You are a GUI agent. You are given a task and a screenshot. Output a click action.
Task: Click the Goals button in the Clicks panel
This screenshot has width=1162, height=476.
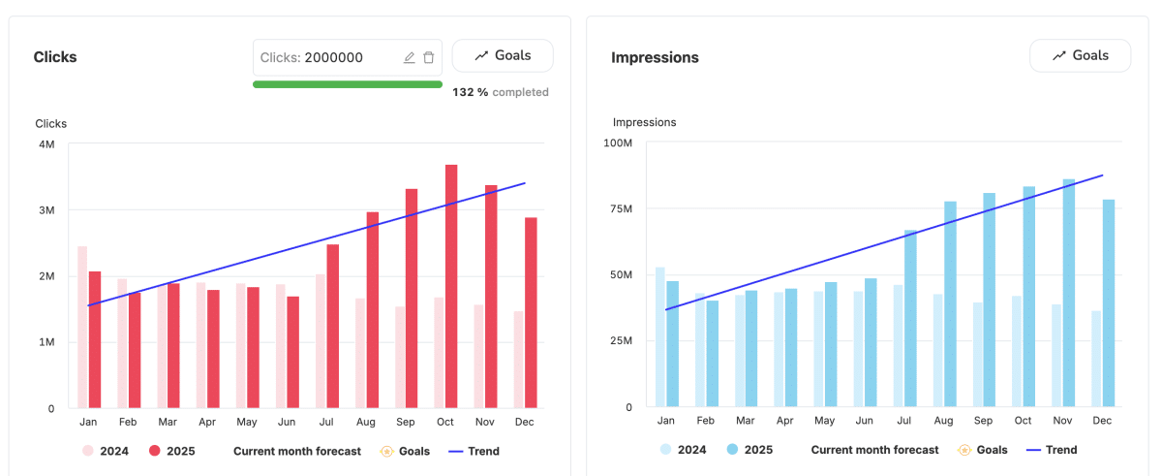click(x=503, y=55)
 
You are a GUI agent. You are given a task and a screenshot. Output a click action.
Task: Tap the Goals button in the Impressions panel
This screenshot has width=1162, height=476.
click(x=1080, y=55)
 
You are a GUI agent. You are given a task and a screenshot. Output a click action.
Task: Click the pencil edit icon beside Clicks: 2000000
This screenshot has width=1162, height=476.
click(x=410, y=57)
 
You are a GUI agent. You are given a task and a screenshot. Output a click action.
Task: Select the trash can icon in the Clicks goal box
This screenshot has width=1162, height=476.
click(x=428, y=57)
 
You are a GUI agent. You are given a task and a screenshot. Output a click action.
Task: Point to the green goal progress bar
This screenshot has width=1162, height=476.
click(x=348, y=84)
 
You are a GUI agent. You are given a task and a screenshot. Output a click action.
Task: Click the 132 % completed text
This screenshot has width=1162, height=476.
click(x=500, y=92)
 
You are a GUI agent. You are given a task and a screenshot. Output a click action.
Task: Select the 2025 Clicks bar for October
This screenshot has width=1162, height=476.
click(x=451, y=286)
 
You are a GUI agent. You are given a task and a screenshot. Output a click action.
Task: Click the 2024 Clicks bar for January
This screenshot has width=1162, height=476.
click(x=82, y=327)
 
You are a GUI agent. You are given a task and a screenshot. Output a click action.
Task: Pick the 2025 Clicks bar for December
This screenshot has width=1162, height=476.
click(x=531, y=312)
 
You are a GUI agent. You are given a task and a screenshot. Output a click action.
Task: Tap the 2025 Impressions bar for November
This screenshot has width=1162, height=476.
click(x=1069, y=293)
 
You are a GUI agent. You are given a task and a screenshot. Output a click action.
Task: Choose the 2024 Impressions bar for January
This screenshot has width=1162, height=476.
click(x=659, y=337)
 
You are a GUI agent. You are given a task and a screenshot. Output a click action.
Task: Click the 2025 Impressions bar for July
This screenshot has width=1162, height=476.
click(x=910, y=318)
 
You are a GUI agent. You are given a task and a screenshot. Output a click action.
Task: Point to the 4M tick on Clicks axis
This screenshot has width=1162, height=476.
click(x=46, y=144)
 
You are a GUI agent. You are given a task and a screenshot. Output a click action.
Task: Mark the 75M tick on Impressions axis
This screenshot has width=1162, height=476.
click(x=621, y=208)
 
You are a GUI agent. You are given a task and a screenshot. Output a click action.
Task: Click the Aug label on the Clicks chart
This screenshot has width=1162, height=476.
click(x=366, y=422)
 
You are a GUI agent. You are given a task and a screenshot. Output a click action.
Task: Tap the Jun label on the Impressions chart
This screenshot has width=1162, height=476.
click(x=864, y=421)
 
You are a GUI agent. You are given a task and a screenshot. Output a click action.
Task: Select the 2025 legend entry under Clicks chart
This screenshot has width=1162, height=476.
click(x=171, y=451)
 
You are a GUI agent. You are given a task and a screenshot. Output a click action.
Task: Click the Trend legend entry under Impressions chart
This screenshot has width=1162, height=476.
click(x=1052, y=450)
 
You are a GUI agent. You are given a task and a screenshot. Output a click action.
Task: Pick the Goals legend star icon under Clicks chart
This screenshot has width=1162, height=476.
click(x=387, y=451)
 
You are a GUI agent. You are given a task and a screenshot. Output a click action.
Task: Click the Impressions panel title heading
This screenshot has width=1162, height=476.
click(x=655, y=57)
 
